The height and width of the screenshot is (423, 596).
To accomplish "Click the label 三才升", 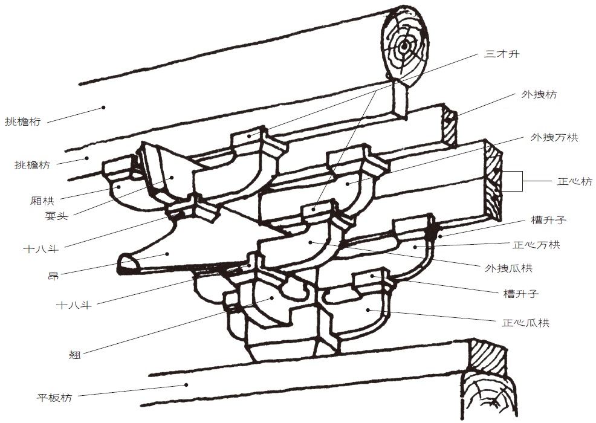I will coord(501,54).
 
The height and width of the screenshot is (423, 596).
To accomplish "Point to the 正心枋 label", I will coord(574,181).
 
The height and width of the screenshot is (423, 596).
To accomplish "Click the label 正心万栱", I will coord(537,245).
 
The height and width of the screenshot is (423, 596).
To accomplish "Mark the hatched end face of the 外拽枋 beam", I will coord(449,124).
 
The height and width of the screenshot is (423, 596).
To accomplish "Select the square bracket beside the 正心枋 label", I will coord(515,181).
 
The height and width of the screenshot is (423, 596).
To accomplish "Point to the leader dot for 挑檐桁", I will coord(103,108).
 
